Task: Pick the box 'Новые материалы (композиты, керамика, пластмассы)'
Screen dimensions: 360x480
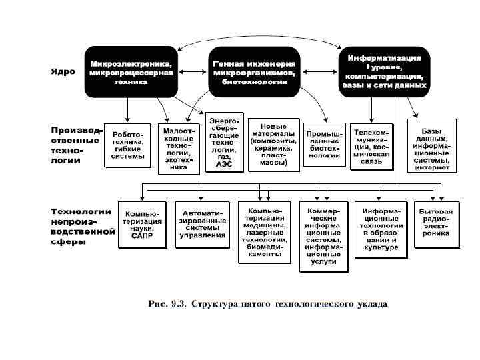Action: [273, 143]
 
